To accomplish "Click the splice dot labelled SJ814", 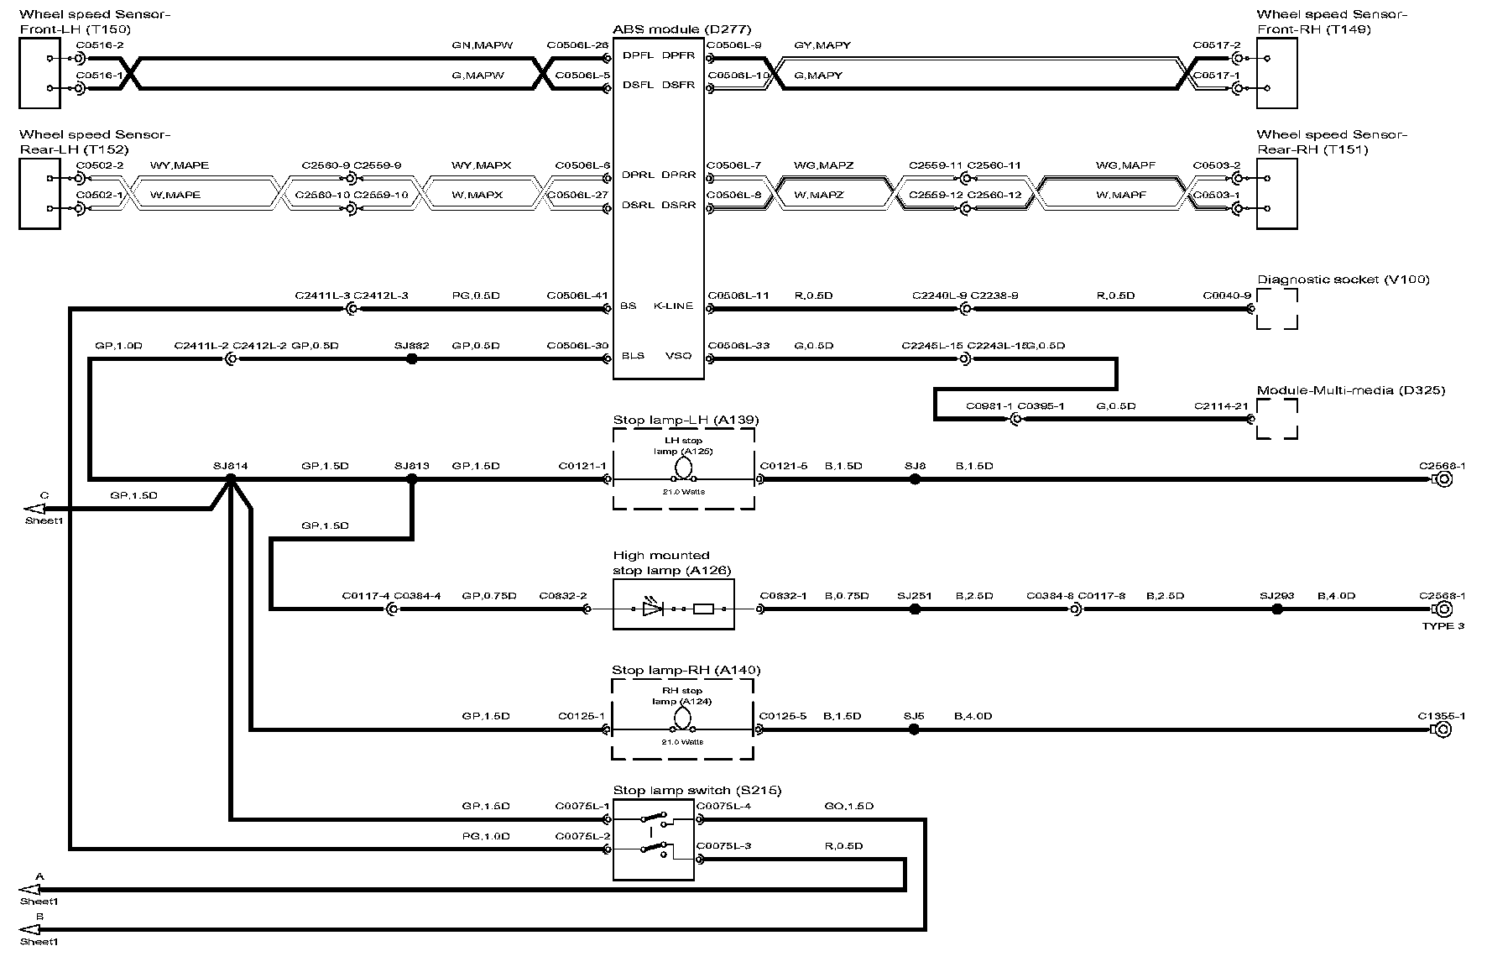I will (231, 478).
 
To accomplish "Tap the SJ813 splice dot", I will (411, 479).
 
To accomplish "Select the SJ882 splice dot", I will (411, 358).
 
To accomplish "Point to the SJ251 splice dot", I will (915, 609).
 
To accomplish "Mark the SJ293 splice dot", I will (1277, 609).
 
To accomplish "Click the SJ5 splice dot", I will (914, 729).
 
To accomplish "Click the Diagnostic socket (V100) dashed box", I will (1276, 309).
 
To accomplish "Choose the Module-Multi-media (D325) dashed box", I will (1276, 418).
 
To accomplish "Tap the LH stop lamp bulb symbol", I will (683, 468).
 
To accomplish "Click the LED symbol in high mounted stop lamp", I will (653, 609).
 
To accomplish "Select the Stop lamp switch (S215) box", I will (654, 839).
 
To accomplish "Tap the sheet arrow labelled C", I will (35, 508).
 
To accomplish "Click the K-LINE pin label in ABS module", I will (673, 306).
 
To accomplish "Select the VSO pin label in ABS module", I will (678, 356).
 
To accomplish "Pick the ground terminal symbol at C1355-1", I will (1443, 729).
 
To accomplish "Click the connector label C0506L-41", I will (577, 295).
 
